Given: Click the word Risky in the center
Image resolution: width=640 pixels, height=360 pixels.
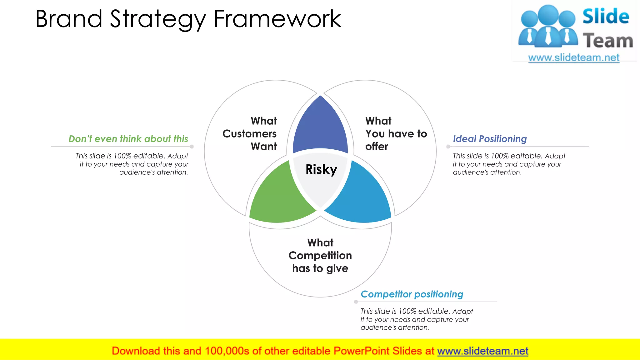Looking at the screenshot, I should click(321, 169).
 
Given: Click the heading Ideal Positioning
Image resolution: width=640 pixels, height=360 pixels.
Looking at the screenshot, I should click(490, 139).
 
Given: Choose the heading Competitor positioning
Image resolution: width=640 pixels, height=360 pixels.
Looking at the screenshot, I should click(412, 294).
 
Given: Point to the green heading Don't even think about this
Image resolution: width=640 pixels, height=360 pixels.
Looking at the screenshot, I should click(128, 139).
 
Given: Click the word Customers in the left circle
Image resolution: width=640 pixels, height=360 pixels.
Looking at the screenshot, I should click(249, 134).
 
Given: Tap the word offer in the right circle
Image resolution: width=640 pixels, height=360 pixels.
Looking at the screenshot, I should click(377, 147).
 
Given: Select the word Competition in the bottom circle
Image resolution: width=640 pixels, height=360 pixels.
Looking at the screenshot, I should click(320, 256).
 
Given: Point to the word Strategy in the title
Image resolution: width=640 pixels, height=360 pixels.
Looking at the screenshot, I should click(158, 19).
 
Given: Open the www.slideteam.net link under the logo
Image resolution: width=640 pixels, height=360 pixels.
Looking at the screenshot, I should click(574, 58).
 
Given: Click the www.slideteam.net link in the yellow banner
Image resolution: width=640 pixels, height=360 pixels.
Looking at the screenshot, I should click(482, 351).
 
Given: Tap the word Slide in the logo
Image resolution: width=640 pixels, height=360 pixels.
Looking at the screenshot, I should click(606, 16).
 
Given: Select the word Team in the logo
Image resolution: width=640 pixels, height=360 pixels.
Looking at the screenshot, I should click(608, 41).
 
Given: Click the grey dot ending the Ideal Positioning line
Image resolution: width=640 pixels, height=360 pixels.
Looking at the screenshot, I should click(448, 147).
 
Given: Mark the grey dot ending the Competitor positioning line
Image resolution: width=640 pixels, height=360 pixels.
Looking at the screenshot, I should click(356, 302).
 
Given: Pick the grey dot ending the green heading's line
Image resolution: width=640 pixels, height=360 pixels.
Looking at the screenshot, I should click(192, 147).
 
